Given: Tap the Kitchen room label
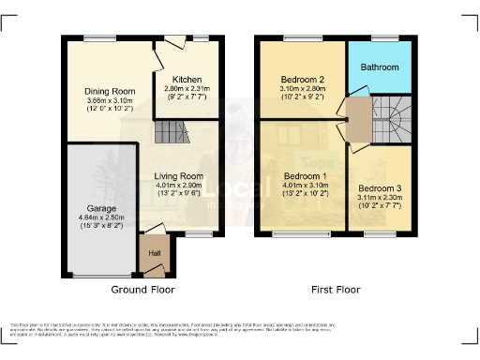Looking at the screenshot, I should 187,79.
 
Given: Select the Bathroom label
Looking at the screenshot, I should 381,67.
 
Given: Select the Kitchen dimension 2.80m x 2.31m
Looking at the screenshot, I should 187,87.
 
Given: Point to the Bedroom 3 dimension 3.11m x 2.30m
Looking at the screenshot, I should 378,197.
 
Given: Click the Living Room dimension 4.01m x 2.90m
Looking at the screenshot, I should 179,185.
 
